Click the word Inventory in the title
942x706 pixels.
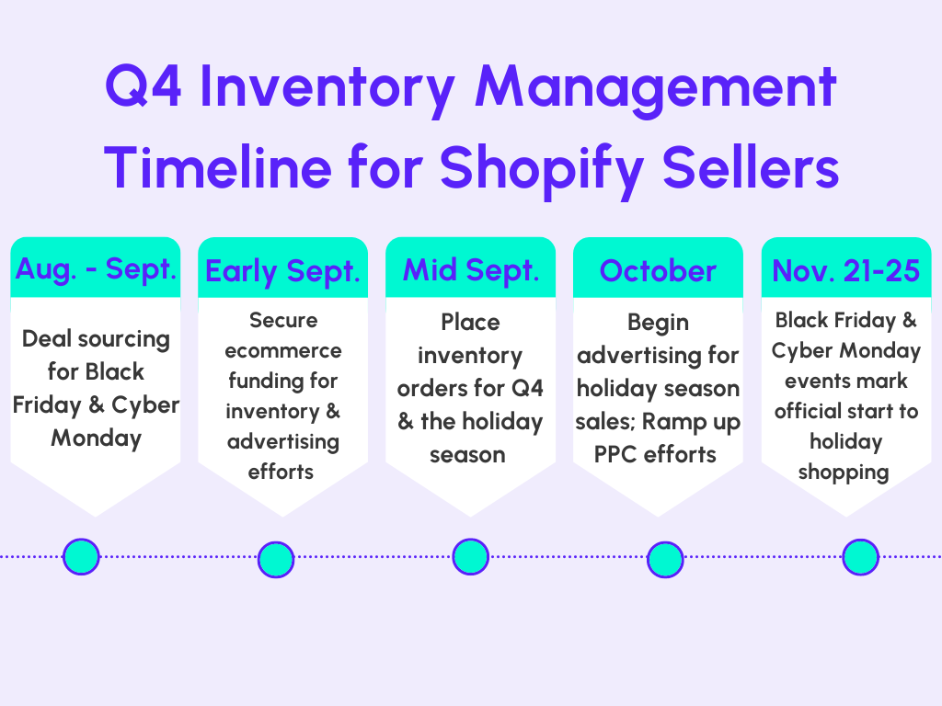click(327, 89)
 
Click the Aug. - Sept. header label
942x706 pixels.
click(96, 268)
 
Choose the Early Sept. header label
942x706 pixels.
click(283, 271)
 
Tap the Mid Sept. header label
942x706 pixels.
click(471, 271)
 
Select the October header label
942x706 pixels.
click(658, 271)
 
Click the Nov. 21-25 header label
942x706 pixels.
click(846, 271)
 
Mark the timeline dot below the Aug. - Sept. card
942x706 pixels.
click(81, 556)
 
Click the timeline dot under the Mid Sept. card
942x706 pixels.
click(470, 556)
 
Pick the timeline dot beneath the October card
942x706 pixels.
click(665, 560)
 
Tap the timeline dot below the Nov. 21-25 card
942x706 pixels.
click(860, 556)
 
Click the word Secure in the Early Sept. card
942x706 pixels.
click(283, 320)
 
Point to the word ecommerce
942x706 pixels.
click(283, 350)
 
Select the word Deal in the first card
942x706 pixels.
click(48, 338)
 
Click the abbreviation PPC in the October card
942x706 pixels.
click(615, 454)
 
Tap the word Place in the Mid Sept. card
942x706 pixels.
click(470, 323)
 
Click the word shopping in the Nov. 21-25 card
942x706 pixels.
click(844, 473)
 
